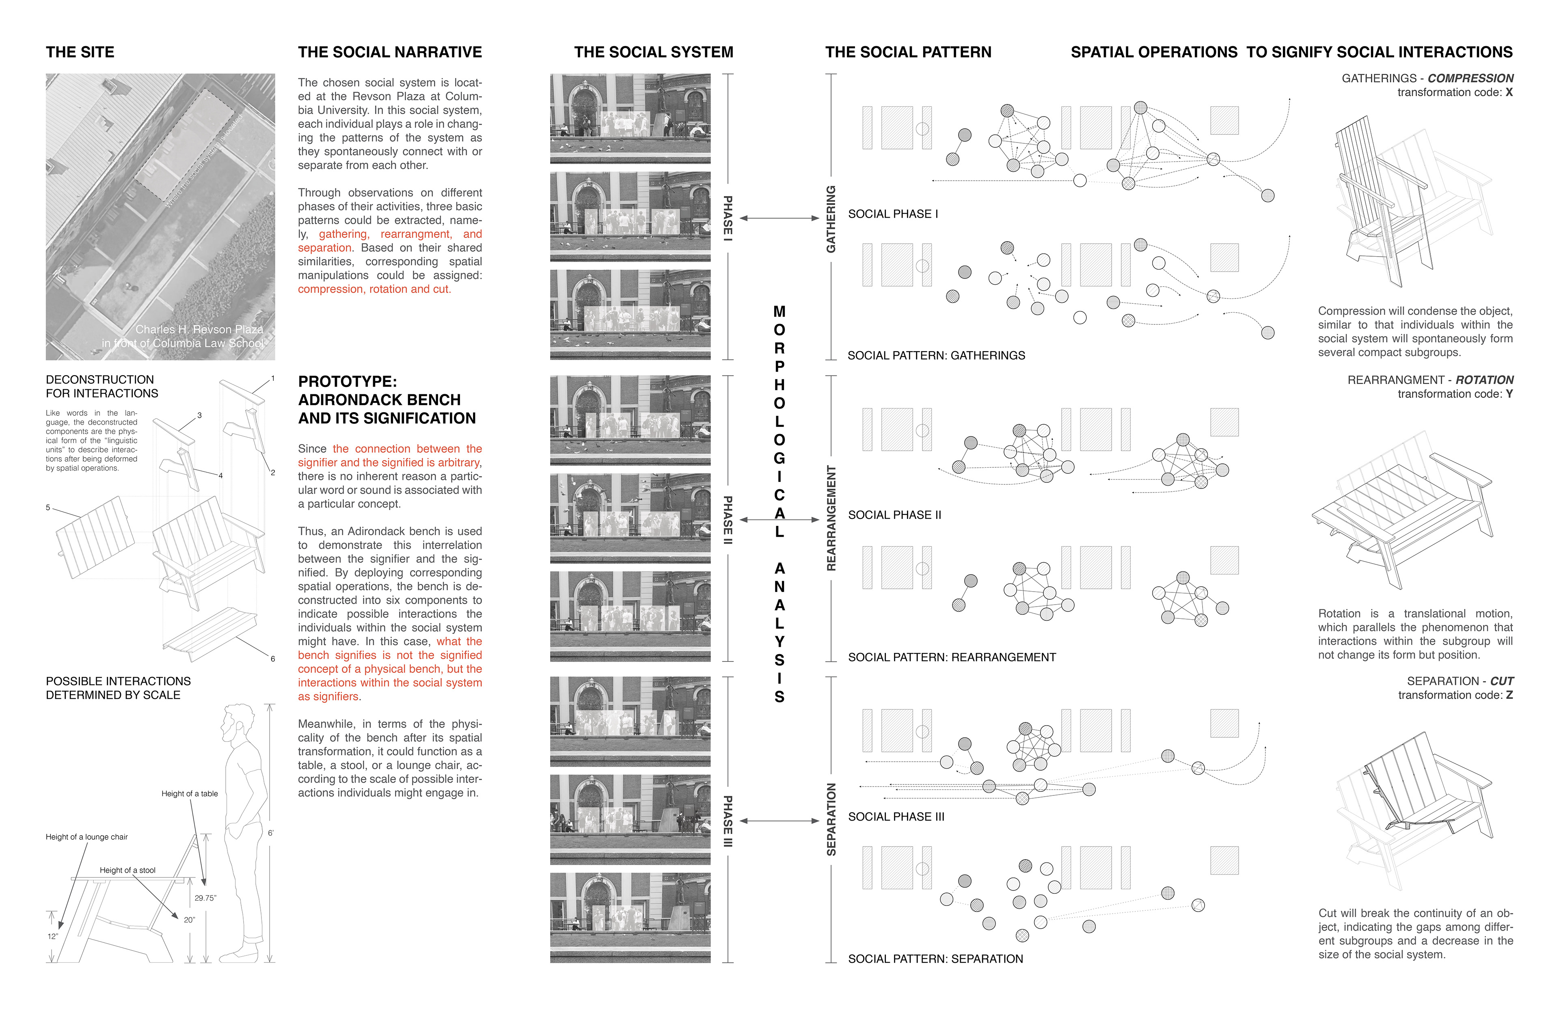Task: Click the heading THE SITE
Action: tap(80, 52)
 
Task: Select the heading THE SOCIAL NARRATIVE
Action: tap(390, 52)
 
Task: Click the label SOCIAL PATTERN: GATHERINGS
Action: tap(936, 356)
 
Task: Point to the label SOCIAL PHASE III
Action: tap(896, 817)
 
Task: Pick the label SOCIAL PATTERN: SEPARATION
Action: tap(935, 959)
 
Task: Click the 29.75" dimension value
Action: tap(205, 898)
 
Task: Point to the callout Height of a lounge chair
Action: tap(86, 837)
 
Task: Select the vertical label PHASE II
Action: tap(727, 520)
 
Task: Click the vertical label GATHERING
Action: tap(831, 219)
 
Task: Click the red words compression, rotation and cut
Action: tap(374, 290)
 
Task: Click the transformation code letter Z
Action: tap(1509, 695)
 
